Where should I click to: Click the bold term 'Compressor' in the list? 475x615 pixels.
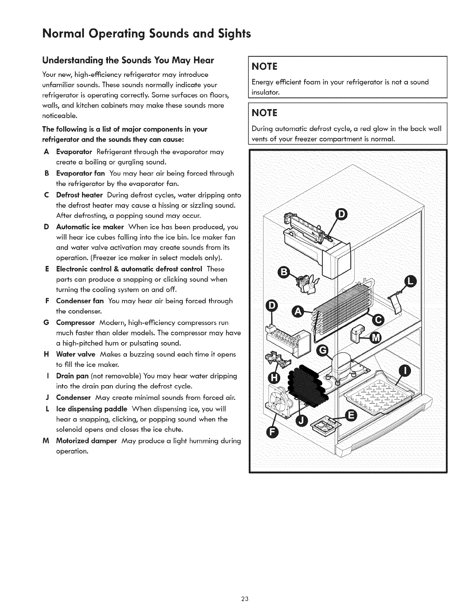coord(76,323)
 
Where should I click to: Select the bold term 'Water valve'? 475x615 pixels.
coord(76,354)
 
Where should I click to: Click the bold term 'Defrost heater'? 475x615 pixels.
coord(80,195)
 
